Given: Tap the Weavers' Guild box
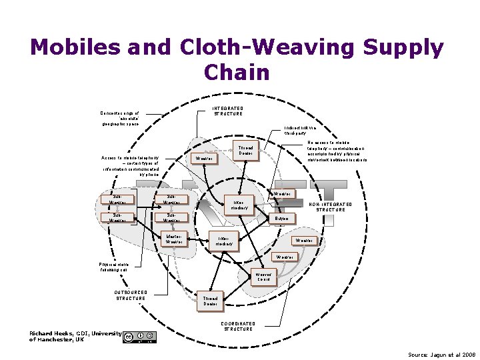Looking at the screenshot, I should tap(263, 277).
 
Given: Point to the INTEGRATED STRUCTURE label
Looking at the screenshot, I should tap(228, 111).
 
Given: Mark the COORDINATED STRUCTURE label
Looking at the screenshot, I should tap(238, 326).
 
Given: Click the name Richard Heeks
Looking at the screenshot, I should tap(52, 333).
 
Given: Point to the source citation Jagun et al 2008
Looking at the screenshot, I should tap(442, 353).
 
